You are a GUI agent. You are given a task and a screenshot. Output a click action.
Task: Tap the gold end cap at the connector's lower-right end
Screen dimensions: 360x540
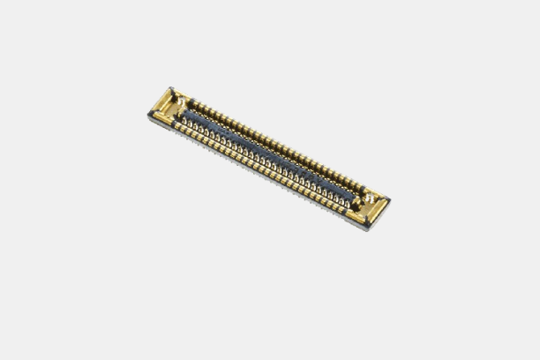tap(370, 207)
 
